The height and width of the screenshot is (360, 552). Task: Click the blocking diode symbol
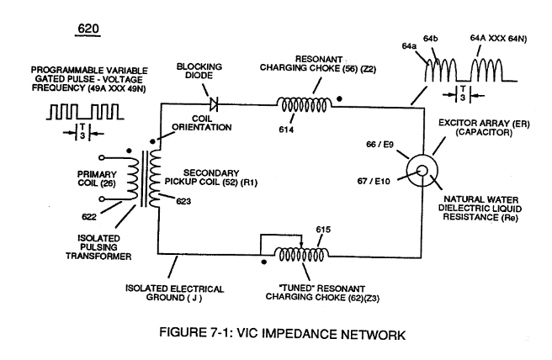tap(214, 104)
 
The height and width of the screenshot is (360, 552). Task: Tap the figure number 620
tap(88, 29)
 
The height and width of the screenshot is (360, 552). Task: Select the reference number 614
tap(286, 130)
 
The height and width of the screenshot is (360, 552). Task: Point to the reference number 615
tap(323, 230)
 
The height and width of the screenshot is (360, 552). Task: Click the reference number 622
tap(88, 217)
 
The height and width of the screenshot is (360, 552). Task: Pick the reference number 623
tap(183, 201)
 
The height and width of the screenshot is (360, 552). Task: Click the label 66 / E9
tap(379, 145)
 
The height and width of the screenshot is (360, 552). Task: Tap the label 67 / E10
tap(374, 181)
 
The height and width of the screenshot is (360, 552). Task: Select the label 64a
tap(409, 46)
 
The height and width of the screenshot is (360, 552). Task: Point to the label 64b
tap(430, 39)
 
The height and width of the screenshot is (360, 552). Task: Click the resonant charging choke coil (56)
tap(304, 105)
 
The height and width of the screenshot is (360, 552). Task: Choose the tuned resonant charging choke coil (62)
tap(301, 254)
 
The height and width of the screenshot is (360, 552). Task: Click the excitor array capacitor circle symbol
tap(422, 171)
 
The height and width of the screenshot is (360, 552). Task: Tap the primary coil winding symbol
tap(132, 178)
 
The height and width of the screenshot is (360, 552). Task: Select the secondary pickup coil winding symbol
tap(154, 178)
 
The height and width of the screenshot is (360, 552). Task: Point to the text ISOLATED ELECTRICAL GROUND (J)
tap(175, 294)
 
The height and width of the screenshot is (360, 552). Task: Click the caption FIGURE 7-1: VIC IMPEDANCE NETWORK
tap(283, 333)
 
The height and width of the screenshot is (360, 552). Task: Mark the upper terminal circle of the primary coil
tap(102, 157)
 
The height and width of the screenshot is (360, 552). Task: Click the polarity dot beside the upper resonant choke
tap(339, 99)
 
